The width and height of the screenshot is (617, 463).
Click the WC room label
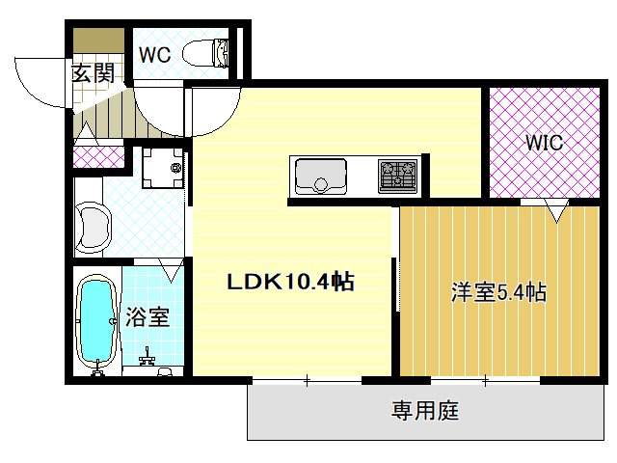tap(154, 55)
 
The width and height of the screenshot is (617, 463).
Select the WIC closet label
tap(544, 143)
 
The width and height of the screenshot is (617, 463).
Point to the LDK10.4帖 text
tap(289, 283)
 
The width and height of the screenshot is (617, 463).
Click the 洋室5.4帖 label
tap(498, 292)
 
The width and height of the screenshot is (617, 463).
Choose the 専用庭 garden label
tap(424, 412)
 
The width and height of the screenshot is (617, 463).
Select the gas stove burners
tap(396, 176)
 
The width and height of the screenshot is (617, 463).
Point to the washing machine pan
tap(160, 169)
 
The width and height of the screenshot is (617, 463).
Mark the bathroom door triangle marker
tap(172, 271)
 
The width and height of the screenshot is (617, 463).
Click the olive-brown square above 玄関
tap(99, 42)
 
